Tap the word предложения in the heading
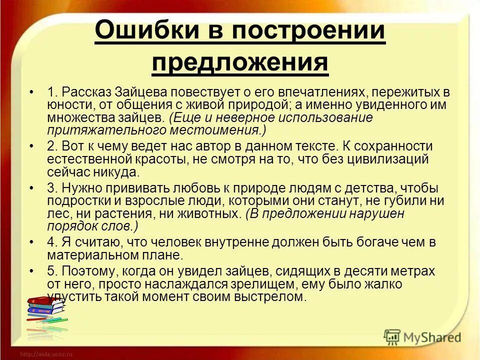240,63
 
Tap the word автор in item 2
199,147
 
